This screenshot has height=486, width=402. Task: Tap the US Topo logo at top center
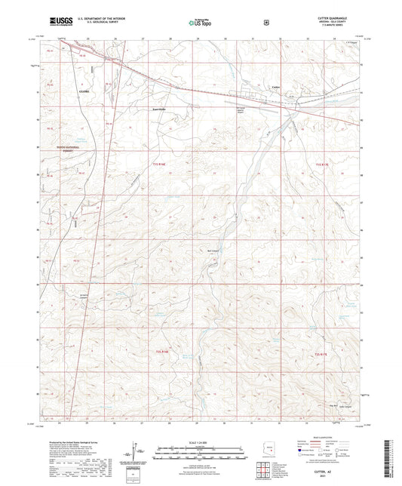coord(201,23)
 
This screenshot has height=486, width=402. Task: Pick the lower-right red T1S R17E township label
coord(321,352)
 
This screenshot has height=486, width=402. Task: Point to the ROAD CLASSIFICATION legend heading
coord(335,437)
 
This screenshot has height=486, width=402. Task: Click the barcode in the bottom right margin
coord(393,456)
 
